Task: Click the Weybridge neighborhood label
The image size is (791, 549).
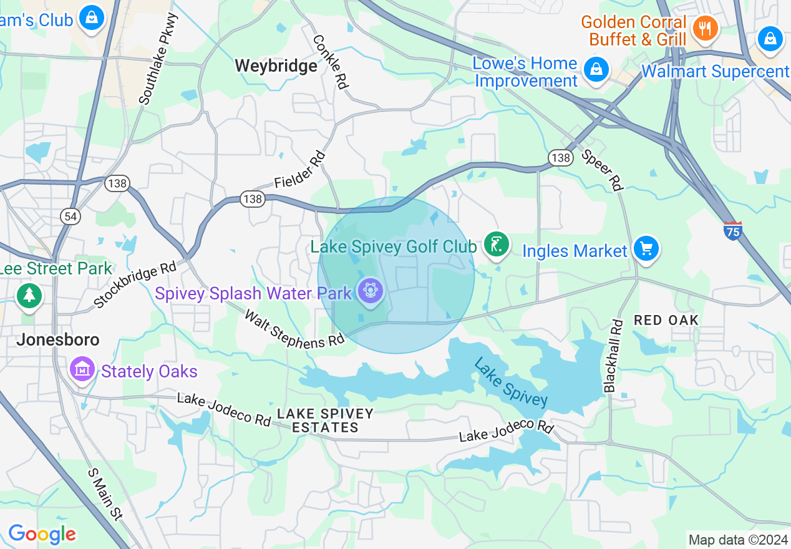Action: pos(276,66)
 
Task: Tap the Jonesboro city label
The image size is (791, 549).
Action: pos(57,340)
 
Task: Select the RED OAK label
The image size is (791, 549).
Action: pos(666,320)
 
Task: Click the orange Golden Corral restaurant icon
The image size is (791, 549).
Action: pos(706,28)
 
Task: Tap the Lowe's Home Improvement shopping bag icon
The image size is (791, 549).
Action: pos(597,69)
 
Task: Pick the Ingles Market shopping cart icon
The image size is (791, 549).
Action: pos(646,249)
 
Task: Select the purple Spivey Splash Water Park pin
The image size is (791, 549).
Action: pos(371,289)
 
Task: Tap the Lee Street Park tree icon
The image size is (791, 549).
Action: pos(29,294)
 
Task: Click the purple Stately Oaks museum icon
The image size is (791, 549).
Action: pos(82,369)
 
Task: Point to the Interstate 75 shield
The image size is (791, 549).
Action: pos(733,231)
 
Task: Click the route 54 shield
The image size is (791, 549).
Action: pos(70,216)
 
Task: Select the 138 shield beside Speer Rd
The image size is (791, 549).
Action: pos(561,157)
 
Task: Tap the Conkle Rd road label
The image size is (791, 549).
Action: pos(330,61)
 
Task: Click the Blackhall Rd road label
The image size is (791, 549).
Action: pos(614,356)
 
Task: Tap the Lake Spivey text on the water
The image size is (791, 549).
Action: pos(510,381)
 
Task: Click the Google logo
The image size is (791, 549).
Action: pos(42,534)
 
